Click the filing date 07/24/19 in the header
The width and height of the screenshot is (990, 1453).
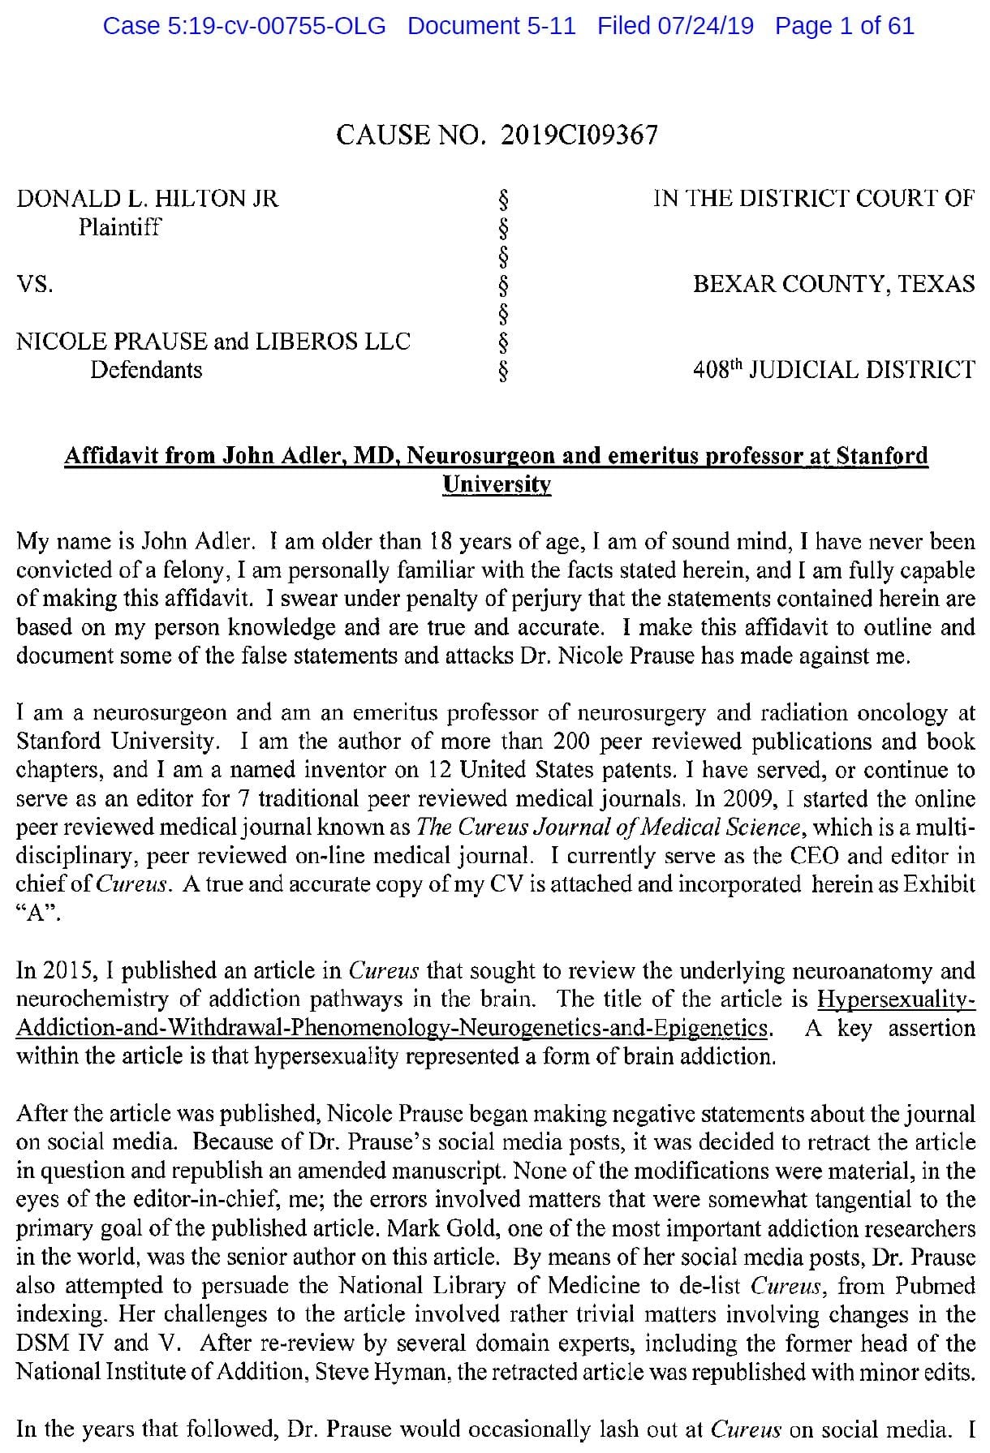pyautogui.click(x=675, y=26)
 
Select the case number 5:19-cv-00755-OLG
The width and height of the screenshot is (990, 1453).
pyautogui.click(x=244, y=26)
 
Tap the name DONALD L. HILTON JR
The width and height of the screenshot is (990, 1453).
pyautogui.click(x=148, y=198)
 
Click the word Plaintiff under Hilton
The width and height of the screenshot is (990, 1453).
pyautogui.click(x=119, y=227)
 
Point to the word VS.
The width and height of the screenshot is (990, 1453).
pyautogui.click(x=35, y=285)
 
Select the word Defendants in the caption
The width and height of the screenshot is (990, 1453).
pyautogui.click(x=146, y=370)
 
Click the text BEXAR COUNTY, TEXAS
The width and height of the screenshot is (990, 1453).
pyautogui.click(x=833, y=284)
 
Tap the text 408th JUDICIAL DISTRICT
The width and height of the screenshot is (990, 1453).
pyautogui.click(x=833, y=370)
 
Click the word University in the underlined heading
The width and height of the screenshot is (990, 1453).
pyautogui.click(x=497, y=485)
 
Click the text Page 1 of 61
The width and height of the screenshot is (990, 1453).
pyautogui.click(x=844, y=26)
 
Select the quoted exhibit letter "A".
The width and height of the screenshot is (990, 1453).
pyautogui.click(x=38, y=913)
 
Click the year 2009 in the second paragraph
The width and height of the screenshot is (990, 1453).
pyautogui.click(x=745, y=798)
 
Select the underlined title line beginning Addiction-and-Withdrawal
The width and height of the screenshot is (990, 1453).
pyautogui.click(x=392, y=1029)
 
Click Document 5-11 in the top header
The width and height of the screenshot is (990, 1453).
pyautogui.click(x=492, y=26)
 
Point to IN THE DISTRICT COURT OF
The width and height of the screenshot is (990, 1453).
pyautogui.click(x=814, y=198)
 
